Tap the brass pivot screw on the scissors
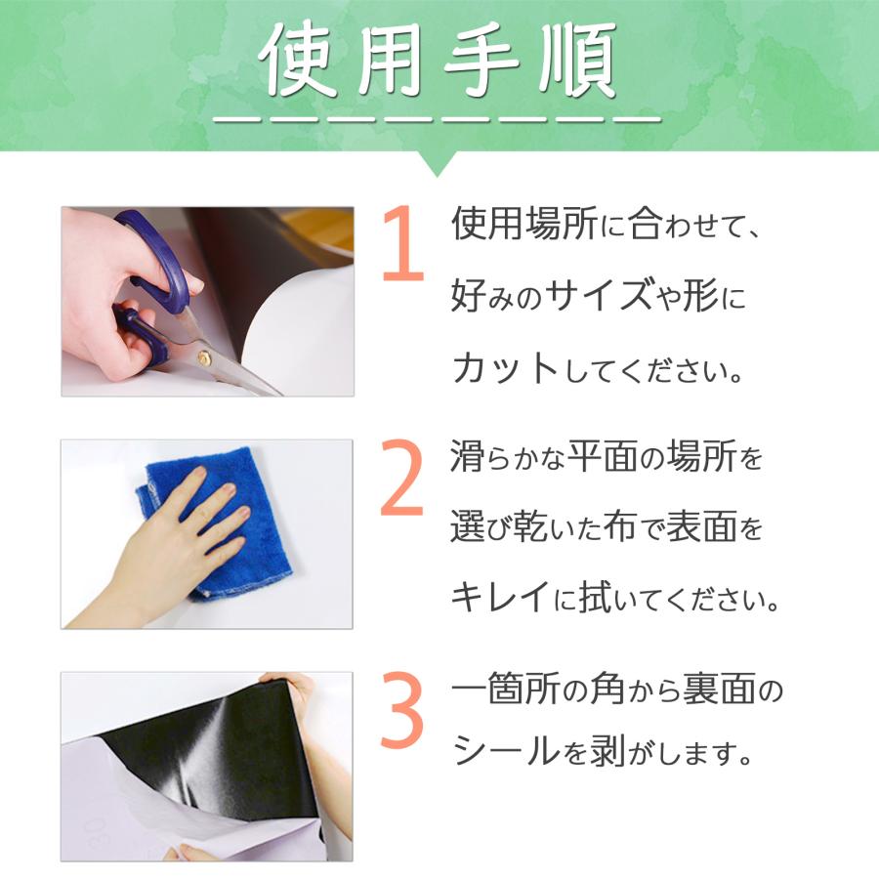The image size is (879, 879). pyautogui.click(x=204, y=358)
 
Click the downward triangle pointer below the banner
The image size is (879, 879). pyautogui.click(x=439, y=163)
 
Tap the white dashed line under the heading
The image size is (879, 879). pyautogui.click(x=439, y=120)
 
